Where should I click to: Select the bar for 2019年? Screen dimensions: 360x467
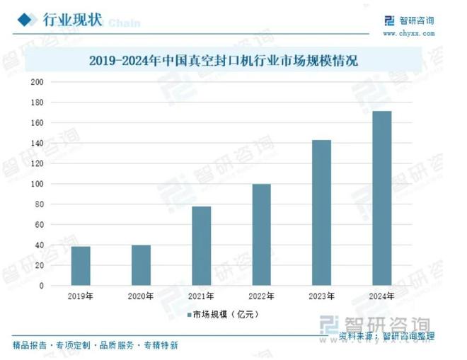click(81, 266)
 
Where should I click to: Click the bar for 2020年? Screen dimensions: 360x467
click(141, 265)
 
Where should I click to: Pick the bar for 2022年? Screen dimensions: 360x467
click(261, 235)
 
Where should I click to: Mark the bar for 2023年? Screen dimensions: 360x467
click(321, 213)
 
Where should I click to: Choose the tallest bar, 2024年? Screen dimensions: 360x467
click(381, 198)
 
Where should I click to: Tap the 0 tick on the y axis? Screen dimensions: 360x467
click(42, 286)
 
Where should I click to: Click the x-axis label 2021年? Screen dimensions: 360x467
click(201, 296)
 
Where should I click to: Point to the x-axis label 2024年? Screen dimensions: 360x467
click(381, 296)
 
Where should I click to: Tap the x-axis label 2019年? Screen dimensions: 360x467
click(81, 296)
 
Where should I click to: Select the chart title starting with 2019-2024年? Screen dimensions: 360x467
click(224, 61)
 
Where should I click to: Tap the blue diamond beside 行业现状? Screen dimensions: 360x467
click(25, 19)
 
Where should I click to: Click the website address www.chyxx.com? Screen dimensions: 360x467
click(408, 33)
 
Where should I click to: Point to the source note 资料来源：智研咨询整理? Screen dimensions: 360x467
click(386, 335)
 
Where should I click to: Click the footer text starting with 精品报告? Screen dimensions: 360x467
click(96, 346)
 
